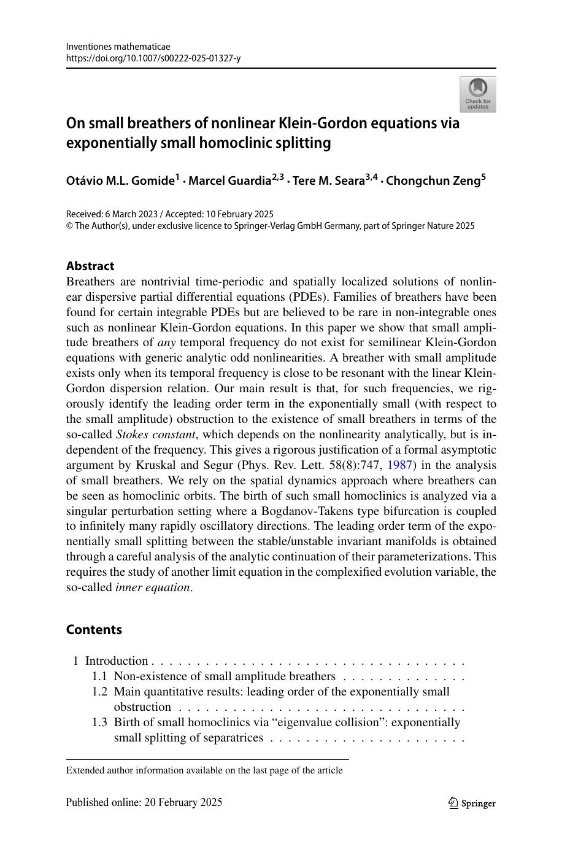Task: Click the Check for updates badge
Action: pyautogui.click(x=477, y=94)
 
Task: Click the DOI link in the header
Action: pyautogui.click(x=153, y=58)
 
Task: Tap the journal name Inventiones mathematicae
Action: pyautogui.click(x=118, y=47)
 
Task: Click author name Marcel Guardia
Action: pyautogui.click(x=229, y=180)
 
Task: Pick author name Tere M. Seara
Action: pyautogui.click(x=328, y=180)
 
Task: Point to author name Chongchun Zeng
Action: pyautogui.click(x=433, y=180)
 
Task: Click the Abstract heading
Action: pyautogui.click(x=90, y=266)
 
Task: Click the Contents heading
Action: pyautogui.click(x=94, y=629)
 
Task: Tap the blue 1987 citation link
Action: pyautogui.click(x=399, y=465)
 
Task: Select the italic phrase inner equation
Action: pyautogui.click(x=153, y=587)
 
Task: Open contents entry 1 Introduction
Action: pyautogui.click(x=117, y=661)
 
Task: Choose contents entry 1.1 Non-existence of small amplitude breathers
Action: pyautogui.click(x=225, y=676)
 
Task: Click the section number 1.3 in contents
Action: pyautogui.click(x=99, y=722)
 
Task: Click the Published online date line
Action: pyautogui.click(x=144, y=802)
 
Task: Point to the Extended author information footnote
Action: pyautogui.click(x=204, y=770)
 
